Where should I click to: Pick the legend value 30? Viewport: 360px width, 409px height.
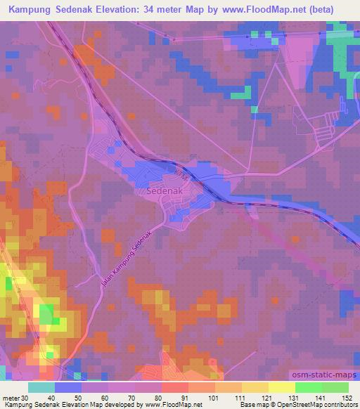coord(26,398)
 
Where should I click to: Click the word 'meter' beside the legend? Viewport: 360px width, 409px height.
coord(11,398)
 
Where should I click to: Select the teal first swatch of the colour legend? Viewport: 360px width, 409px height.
coord(41,387)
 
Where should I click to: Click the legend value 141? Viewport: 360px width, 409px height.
coord(319,398)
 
